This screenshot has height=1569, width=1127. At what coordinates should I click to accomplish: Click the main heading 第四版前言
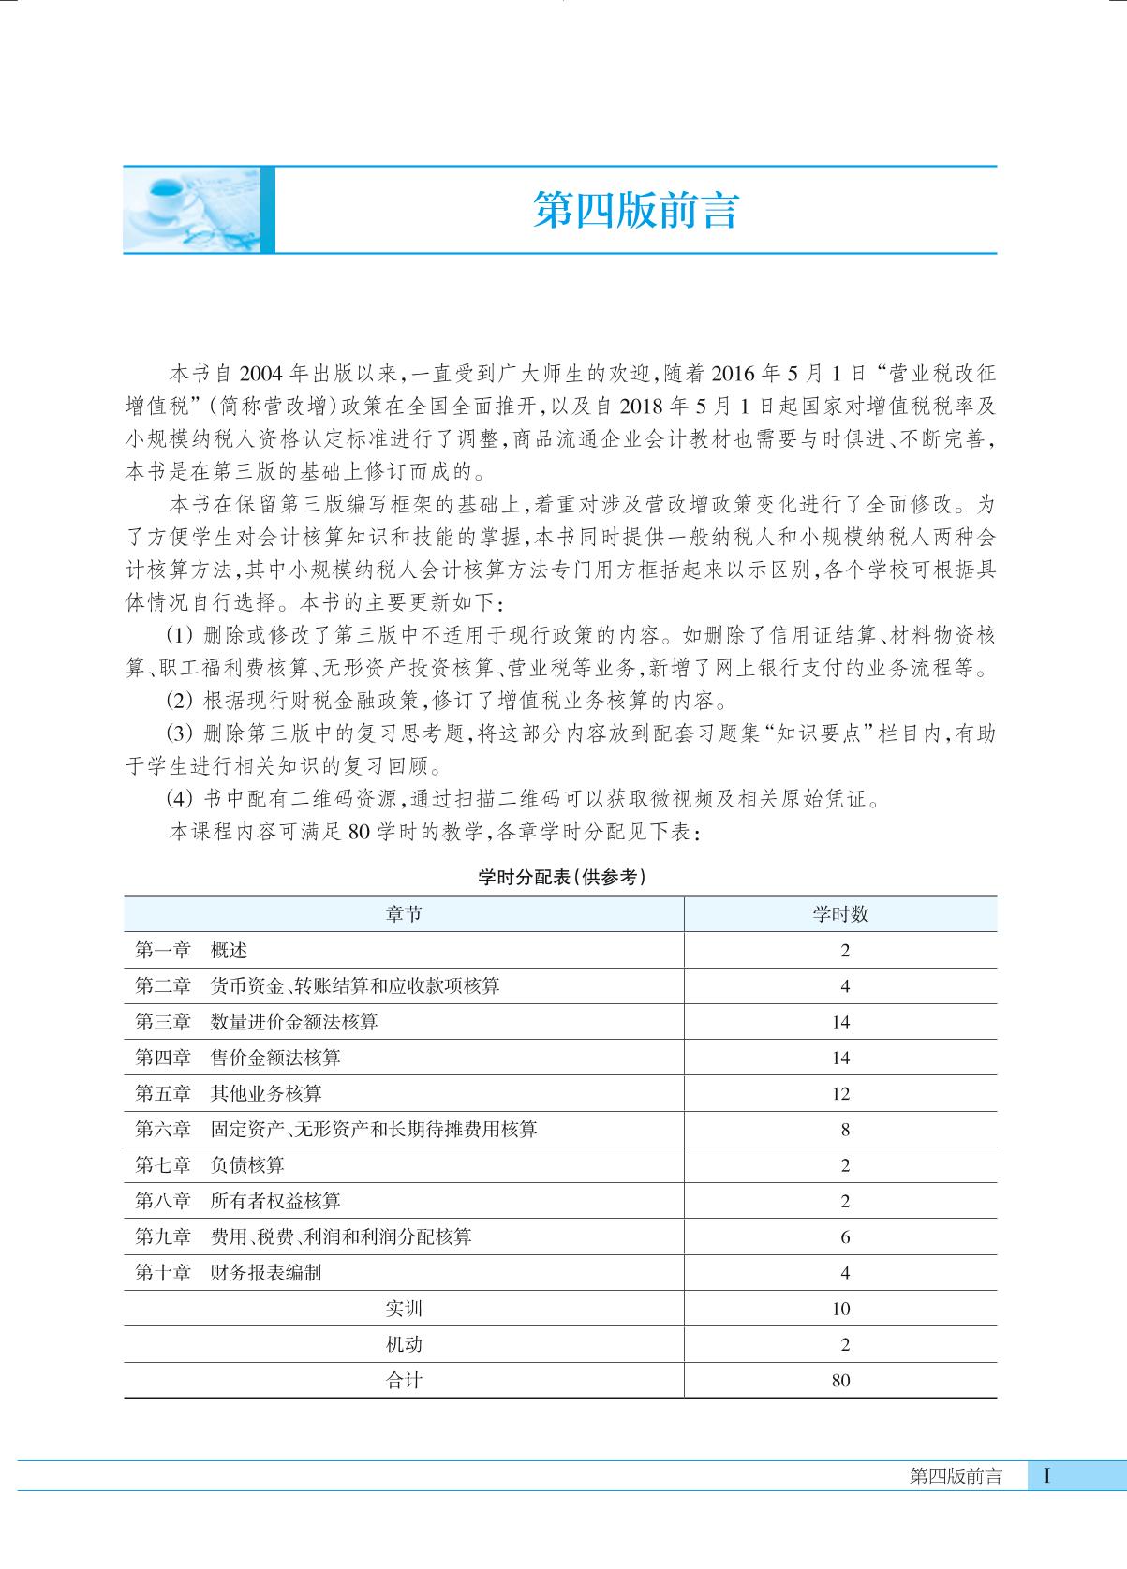(636, 211)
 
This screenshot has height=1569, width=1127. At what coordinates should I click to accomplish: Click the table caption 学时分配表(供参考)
(561, 878)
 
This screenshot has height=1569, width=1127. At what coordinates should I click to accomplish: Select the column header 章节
(404, 914)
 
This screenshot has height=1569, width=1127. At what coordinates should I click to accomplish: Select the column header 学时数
(840, 914)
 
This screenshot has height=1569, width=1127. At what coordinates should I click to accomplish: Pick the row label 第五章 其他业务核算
(229, 1093)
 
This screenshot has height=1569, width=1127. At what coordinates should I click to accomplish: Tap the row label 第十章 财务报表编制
(229, 1273)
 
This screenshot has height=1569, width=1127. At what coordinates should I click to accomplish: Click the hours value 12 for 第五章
(840, 1094)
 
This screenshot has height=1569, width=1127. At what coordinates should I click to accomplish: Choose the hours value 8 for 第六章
(845, 1130)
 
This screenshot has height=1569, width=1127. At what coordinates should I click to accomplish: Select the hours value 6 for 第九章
(845, 1237)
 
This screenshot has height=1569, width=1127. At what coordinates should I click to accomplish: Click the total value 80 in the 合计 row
(840, 1381)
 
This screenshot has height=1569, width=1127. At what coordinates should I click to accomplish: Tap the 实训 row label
(404, 1309)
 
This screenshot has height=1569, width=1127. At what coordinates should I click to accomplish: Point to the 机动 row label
(404, 1344)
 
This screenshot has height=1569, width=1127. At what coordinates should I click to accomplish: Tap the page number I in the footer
(1046, 1477)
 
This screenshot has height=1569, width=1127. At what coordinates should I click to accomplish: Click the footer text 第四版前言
(956, 1477)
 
